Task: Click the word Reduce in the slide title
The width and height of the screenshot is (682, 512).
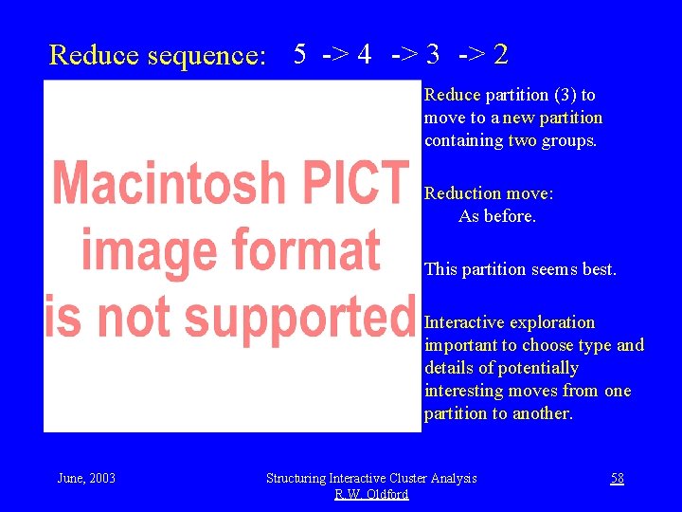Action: (94, 55)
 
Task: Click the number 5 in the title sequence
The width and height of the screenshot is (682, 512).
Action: (299, 54)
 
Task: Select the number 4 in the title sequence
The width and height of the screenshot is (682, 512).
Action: (364, 54)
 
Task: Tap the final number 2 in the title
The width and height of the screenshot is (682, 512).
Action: (501, 54)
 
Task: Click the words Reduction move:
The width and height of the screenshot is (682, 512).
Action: (489, 193)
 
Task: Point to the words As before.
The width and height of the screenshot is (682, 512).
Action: (497, 216)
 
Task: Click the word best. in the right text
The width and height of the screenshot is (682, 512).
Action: (599, 269)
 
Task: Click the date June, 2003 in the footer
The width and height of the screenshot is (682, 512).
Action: (86, 478)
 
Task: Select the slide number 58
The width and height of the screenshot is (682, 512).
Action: (617, 478)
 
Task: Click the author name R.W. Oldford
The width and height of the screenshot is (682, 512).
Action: (371, 494)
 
